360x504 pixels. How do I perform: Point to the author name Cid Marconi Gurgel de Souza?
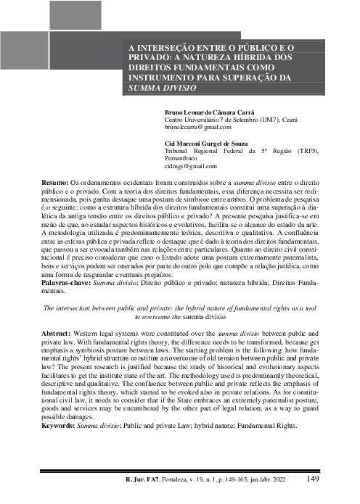216,143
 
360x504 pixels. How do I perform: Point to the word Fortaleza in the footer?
185,479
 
